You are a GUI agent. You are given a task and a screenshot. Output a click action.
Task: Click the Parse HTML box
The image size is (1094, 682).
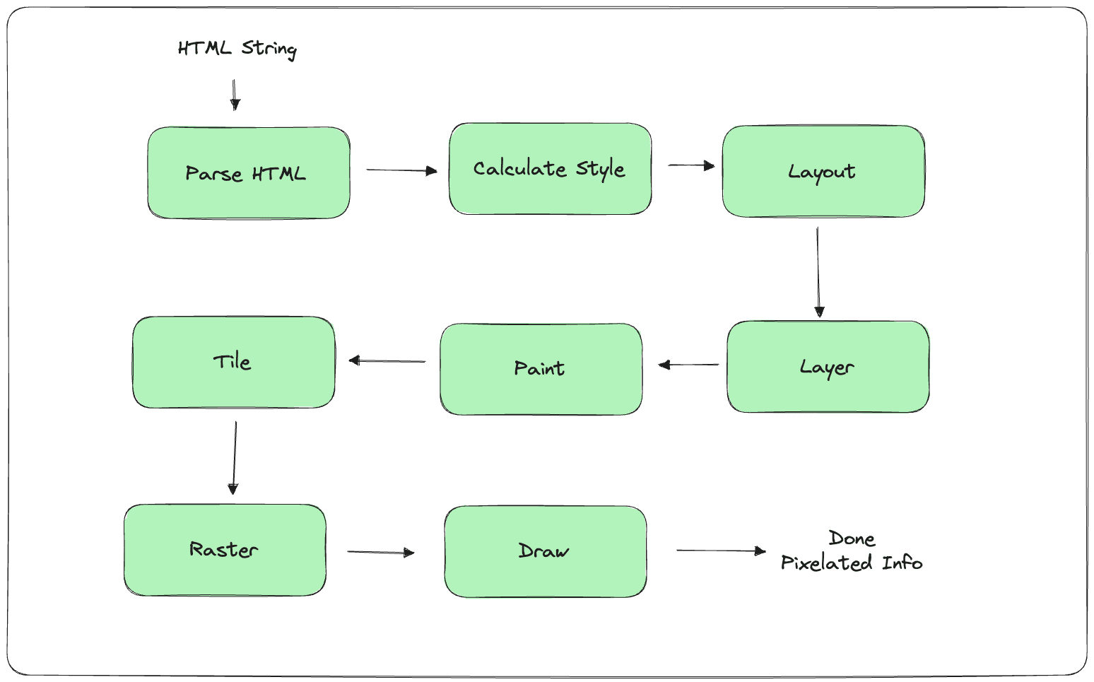(249, 173)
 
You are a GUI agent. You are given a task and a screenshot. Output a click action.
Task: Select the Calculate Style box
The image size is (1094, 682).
(550, 168)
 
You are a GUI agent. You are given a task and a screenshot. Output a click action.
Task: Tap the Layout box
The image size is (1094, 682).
(823, 172)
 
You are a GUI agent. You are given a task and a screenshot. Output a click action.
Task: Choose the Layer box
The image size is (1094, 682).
(828, 366)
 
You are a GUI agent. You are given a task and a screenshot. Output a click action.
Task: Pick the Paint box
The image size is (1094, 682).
(541, 370)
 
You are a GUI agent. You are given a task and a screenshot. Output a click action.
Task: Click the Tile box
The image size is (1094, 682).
(233, 362)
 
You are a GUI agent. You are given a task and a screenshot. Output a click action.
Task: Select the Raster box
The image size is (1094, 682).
(225, 550)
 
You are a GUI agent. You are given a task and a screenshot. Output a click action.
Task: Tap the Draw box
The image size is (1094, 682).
(545, 551)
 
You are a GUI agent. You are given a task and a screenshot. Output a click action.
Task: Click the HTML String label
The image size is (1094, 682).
(237, 49)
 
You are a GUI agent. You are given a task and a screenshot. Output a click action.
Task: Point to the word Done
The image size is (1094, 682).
(852, 539)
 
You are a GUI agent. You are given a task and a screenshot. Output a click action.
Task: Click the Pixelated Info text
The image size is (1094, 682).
(852, 563)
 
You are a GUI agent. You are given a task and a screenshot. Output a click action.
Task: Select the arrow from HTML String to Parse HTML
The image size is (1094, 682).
(235, 95)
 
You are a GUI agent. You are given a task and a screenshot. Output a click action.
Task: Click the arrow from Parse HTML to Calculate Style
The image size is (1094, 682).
(402, 170)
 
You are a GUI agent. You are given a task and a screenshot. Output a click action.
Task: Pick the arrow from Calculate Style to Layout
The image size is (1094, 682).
(692, 165)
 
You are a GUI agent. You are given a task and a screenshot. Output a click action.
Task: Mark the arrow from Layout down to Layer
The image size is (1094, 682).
(818, 272)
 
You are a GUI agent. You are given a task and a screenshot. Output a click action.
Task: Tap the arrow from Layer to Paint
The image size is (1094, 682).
(688, 365)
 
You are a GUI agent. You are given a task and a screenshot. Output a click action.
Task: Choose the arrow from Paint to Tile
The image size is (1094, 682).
(387, 361)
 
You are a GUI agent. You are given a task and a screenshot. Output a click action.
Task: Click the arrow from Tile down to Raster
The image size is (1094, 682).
(235, 458)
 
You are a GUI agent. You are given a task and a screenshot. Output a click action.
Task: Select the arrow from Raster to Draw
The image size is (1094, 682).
(381, 553)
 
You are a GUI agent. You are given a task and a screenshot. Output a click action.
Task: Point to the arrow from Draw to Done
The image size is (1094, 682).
(721, 551)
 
